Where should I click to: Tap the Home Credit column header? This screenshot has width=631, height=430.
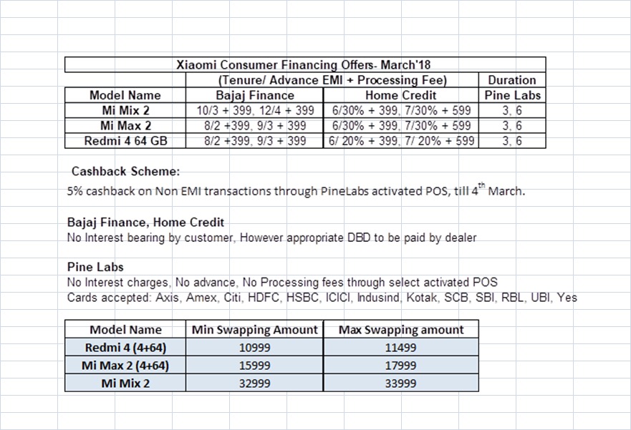click(400, 95)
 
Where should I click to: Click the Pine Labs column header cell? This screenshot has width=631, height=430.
click(512, 95)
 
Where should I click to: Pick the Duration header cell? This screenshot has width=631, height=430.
click(512, 80)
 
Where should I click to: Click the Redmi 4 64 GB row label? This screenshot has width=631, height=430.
click(125, 141)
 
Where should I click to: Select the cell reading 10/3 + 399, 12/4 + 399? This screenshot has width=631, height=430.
click(255, 111)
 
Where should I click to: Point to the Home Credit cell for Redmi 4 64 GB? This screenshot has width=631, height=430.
click(400, 141)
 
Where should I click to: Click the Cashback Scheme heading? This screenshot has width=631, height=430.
click(126, 172)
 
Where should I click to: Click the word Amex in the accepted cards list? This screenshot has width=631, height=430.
click(201, 297)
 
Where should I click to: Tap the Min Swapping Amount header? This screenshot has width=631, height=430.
click(255, 330)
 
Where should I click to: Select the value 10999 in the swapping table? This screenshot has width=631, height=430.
click(255, 348)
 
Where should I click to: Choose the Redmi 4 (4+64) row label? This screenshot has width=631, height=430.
click(125, 348)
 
